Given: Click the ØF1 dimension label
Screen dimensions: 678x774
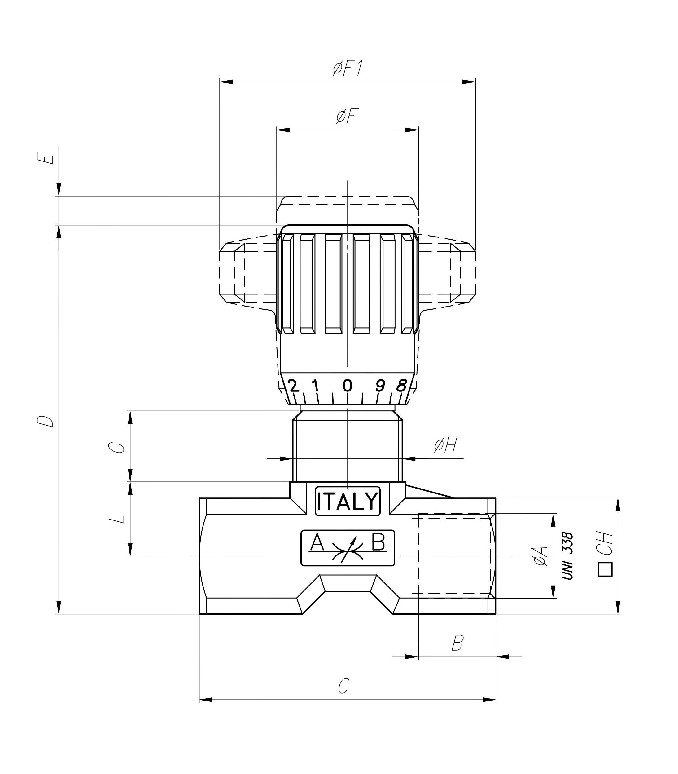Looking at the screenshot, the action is (x=348, y=69).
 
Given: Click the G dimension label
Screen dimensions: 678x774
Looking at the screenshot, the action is (x=119, y=447).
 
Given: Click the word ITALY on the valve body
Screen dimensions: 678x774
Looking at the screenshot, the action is (x=347, y=501).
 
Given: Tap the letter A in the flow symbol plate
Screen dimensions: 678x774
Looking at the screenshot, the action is (x=317, y=543).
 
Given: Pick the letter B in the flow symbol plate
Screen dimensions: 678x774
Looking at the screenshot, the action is (x=379, y=542).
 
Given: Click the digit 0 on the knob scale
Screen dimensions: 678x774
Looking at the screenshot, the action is (x=347, y=386).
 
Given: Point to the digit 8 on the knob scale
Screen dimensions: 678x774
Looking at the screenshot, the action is (x=401, y=386).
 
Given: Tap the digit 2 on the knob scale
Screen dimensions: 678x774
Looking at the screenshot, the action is (x=293, y=386).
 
